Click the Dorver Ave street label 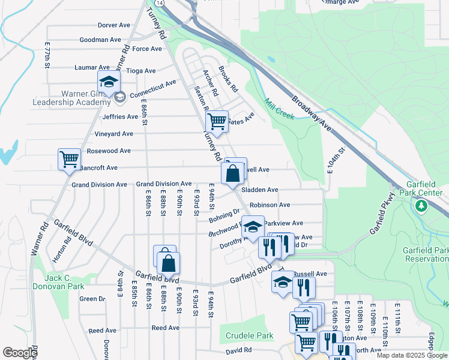coord(113,25)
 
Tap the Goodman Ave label coord(100,40)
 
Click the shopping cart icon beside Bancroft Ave coord(69,159)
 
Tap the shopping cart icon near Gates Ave coord(217,121)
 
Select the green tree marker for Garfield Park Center coord(421,206)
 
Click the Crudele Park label coord(250,335)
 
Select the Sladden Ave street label coord(260,190)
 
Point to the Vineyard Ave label coord(113,134)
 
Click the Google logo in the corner coord(20,353)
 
